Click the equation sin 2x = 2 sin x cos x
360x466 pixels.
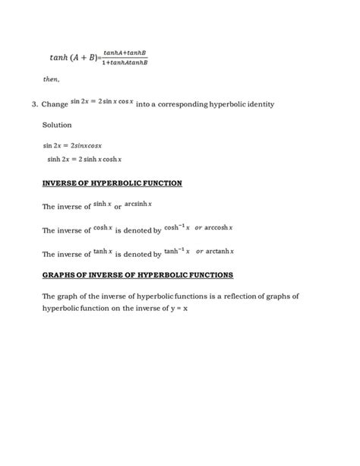(102, 101)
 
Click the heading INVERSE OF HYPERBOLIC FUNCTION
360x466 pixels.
(112, 184)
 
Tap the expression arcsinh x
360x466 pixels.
(140, 204)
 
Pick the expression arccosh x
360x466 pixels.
(216, 227)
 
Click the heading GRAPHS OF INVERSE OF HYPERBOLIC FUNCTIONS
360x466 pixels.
(137, 274)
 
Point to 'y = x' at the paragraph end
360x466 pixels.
(177, 309)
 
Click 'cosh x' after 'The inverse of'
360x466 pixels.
(103, 227)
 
